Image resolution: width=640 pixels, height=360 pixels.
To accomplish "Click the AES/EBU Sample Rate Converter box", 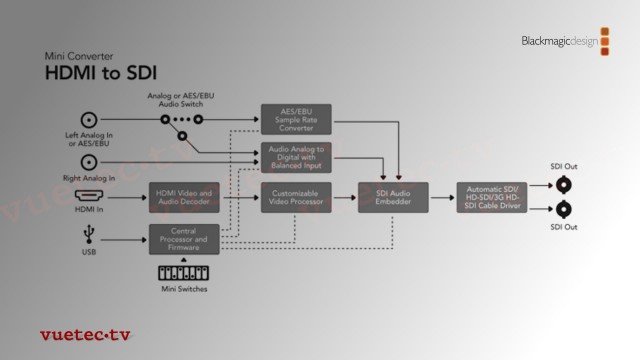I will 296,117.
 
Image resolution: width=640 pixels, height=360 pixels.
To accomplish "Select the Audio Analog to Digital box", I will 296,157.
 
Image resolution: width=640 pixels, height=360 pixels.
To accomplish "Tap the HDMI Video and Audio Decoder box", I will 185,197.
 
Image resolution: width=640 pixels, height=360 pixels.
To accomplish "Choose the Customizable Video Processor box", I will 296,197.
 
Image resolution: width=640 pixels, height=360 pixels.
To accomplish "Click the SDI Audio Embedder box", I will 393,197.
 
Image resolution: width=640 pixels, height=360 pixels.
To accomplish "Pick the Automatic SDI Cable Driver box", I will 491,197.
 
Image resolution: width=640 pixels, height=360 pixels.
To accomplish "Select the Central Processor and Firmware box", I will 185,239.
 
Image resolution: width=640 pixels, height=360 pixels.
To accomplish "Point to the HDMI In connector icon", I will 89,197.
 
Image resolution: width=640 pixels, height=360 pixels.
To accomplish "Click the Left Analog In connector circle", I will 89,117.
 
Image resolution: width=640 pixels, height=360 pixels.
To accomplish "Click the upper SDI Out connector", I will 564,184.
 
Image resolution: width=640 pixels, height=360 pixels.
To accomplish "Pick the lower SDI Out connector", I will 564,209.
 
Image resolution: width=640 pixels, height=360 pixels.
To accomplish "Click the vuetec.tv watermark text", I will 84,335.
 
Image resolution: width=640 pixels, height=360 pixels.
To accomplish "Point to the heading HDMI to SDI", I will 100,73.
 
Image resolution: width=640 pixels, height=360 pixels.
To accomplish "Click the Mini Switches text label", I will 184,291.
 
